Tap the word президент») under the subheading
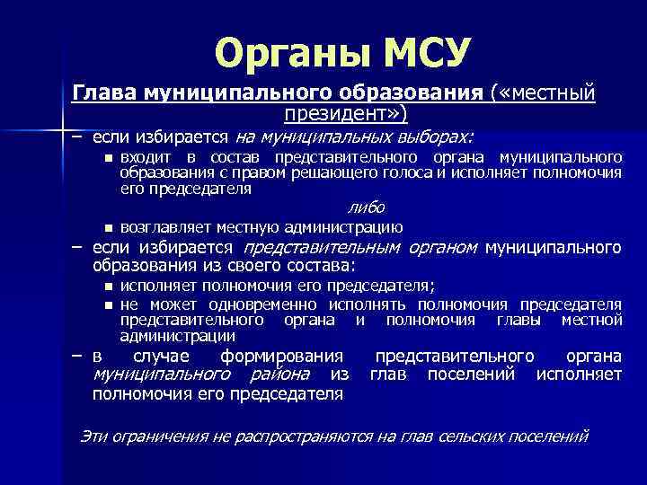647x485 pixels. (x=345, y=113)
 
